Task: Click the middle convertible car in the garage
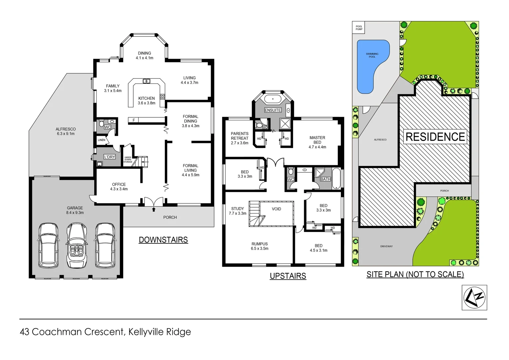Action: pos(77,245)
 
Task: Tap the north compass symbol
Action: pos(474,297)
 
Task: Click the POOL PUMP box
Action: pos(359,28)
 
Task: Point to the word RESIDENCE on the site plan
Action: pos(435,137)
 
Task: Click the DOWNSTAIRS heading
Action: pos(163,240)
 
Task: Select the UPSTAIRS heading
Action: pos(288,276)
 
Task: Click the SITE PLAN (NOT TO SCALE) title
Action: pos(415,274)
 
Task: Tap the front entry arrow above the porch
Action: pos(154,209)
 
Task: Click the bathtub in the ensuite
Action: pos(273,99)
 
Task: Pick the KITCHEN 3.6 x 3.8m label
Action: pos(147,101)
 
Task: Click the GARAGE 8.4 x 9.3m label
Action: pos(75,210)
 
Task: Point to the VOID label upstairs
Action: pos(276,209)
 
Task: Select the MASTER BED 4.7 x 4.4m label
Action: pos(317,142)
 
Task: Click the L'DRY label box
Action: pos(110,157)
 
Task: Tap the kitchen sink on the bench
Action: pos(146,81)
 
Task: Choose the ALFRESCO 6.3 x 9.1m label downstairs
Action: pos(66,131)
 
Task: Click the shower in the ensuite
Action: pos(285,124)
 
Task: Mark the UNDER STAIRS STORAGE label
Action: pos(128,160)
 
